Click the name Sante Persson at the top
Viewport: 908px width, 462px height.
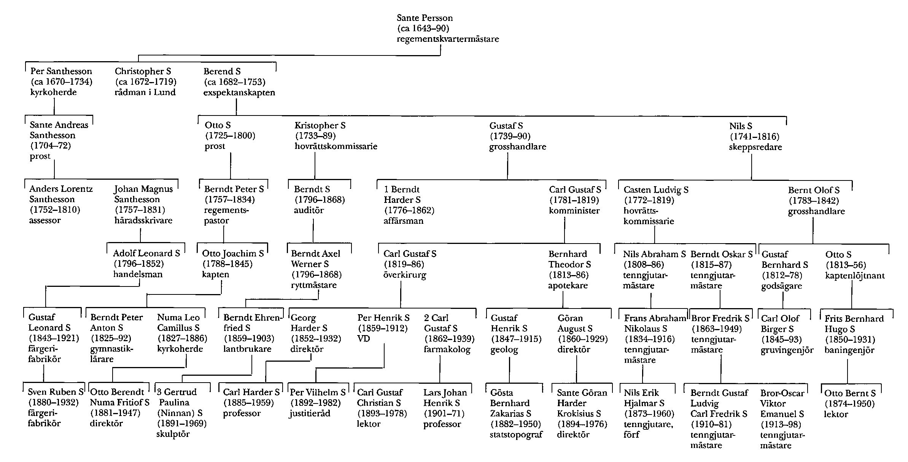(425, 18)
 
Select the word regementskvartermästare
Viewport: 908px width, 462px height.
(448, 39)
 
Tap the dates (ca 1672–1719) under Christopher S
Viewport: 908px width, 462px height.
(145, 82)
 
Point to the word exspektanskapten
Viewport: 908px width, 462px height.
(239, 93)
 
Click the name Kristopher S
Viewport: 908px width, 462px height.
(320, 125)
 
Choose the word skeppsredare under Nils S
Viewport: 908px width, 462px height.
(755, 147)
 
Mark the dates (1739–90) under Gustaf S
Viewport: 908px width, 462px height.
(510, 136)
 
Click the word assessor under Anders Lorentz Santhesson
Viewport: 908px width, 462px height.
(45, 220)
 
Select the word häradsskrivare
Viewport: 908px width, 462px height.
(143, 220)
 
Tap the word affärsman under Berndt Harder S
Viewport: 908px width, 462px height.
(403, 221)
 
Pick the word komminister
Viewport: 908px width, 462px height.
(574, 210)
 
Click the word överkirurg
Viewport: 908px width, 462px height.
(404, 275)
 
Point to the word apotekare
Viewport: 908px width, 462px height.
(568, 285)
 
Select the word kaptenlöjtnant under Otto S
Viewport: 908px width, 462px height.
(855, 275)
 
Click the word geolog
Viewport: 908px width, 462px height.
(504, 350)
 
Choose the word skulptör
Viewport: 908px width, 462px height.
(173, 434)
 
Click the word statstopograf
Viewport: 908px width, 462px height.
(516, 435)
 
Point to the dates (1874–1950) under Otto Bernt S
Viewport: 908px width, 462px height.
(849, 403)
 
